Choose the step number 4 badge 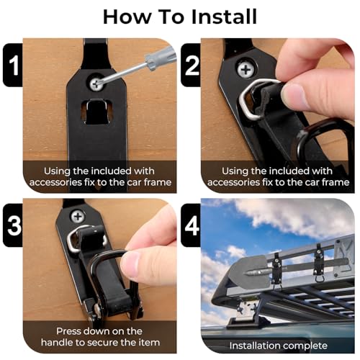click(x=191, y=224)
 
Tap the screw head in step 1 click(x=96, y=84)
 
